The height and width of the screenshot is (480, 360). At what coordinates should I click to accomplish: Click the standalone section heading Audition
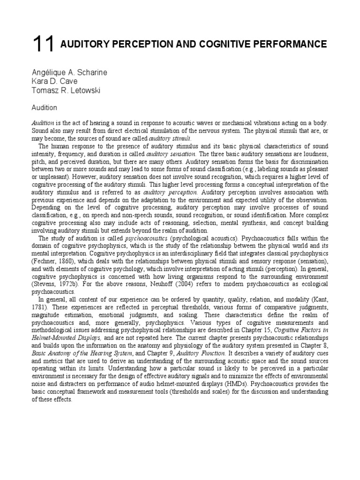[45, 108]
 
